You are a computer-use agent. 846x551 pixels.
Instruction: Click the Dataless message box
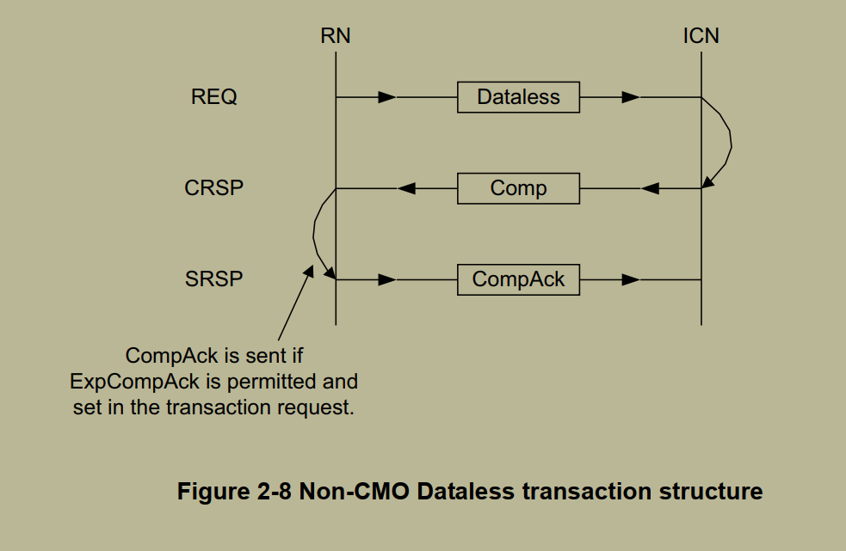coord(518,97)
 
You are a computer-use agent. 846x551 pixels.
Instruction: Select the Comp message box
coord(518,188)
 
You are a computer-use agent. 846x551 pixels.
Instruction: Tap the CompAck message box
coord(518,279)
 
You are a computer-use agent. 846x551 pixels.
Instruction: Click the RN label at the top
coord(335,36)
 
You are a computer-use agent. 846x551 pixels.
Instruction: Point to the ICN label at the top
coord(701,36)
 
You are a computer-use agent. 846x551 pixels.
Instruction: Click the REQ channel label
coord(214,97)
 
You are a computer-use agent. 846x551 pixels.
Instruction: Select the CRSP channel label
coord(214,188)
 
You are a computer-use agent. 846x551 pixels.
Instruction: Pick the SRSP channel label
coord(214,279)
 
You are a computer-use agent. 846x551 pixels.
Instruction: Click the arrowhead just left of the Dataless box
coord(387,97)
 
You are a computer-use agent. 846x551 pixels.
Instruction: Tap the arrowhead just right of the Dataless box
coord(631,97)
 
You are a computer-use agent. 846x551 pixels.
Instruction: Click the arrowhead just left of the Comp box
coord(406,188)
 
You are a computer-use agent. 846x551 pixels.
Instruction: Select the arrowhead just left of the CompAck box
coord(387,279)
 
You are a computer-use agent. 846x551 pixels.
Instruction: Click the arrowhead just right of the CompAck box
coord(631,279)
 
